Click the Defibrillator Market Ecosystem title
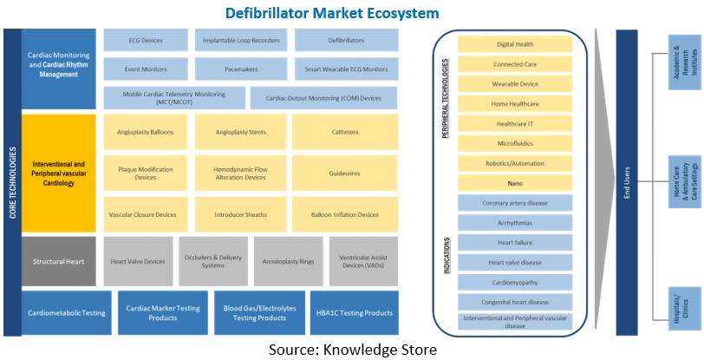pyautogui.click(x=331, y=13)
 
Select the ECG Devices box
pyautogui.click(x=145, y=39)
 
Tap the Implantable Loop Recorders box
pyautogui.click(x=241, y=39)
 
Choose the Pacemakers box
pyautogui.click(x=241, y=69)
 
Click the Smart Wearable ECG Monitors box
pyautogui.click(x=347, y=69)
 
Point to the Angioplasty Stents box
pyautogui.click(x=241, y=132)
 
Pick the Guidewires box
pyautogui.click(x=345, y=173)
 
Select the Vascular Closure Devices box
pyautogui.click(x=142, y=214)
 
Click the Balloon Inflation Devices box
pyautogui.click(x=345, y=214)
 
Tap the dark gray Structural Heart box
pyautogui.click(x=59, y=260)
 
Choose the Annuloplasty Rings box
pyautogui.click(x=289, y=260)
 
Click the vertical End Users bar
pyautogui.click(x=629, y=182)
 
